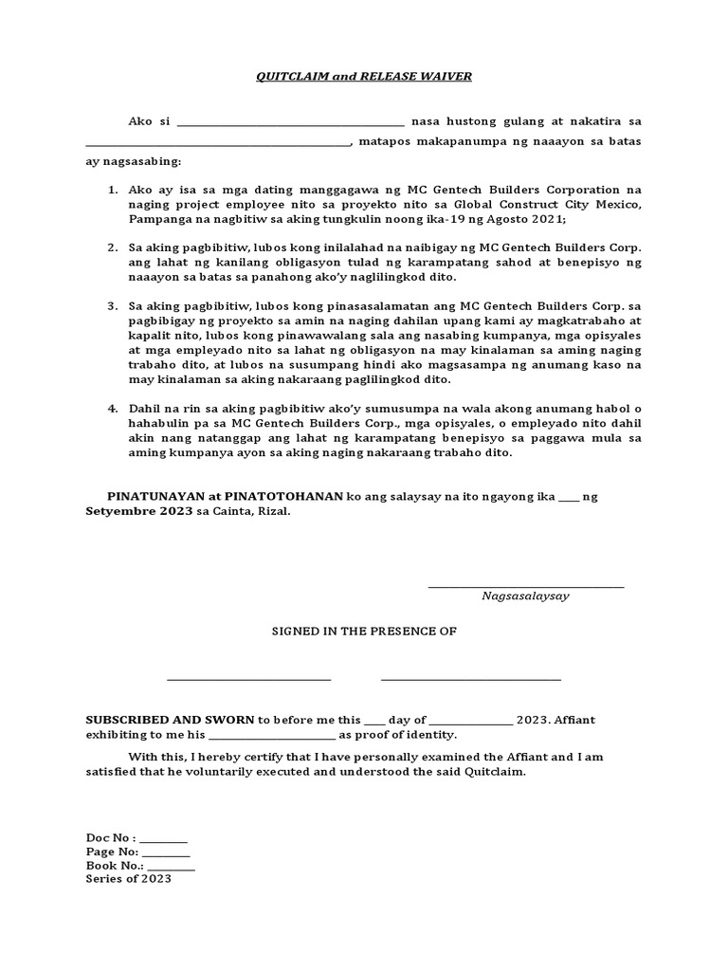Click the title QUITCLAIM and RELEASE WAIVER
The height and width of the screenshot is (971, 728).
pyautogui.click(x=363, y=75)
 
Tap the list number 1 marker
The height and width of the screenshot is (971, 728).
pyautogui.click(x=112, y=191)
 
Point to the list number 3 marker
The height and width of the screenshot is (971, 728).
pyautogui.click(x=112, y=306)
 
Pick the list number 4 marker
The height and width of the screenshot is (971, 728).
pyautogui.click(x=112, y=409)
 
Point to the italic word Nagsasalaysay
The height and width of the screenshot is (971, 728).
pyautogui.click(x=525, y=597)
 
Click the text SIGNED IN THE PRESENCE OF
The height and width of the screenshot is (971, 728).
pyautogui.click(x=364, y=631)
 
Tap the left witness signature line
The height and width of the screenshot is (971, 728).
pyautogui.click(x=249, y=679)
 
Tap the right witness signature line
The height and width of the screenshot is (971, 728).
pyautogui.click(x=470, y=679)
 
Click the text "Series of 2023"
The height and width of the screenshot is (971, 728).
pyautogui.click(x=128, y=879)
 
